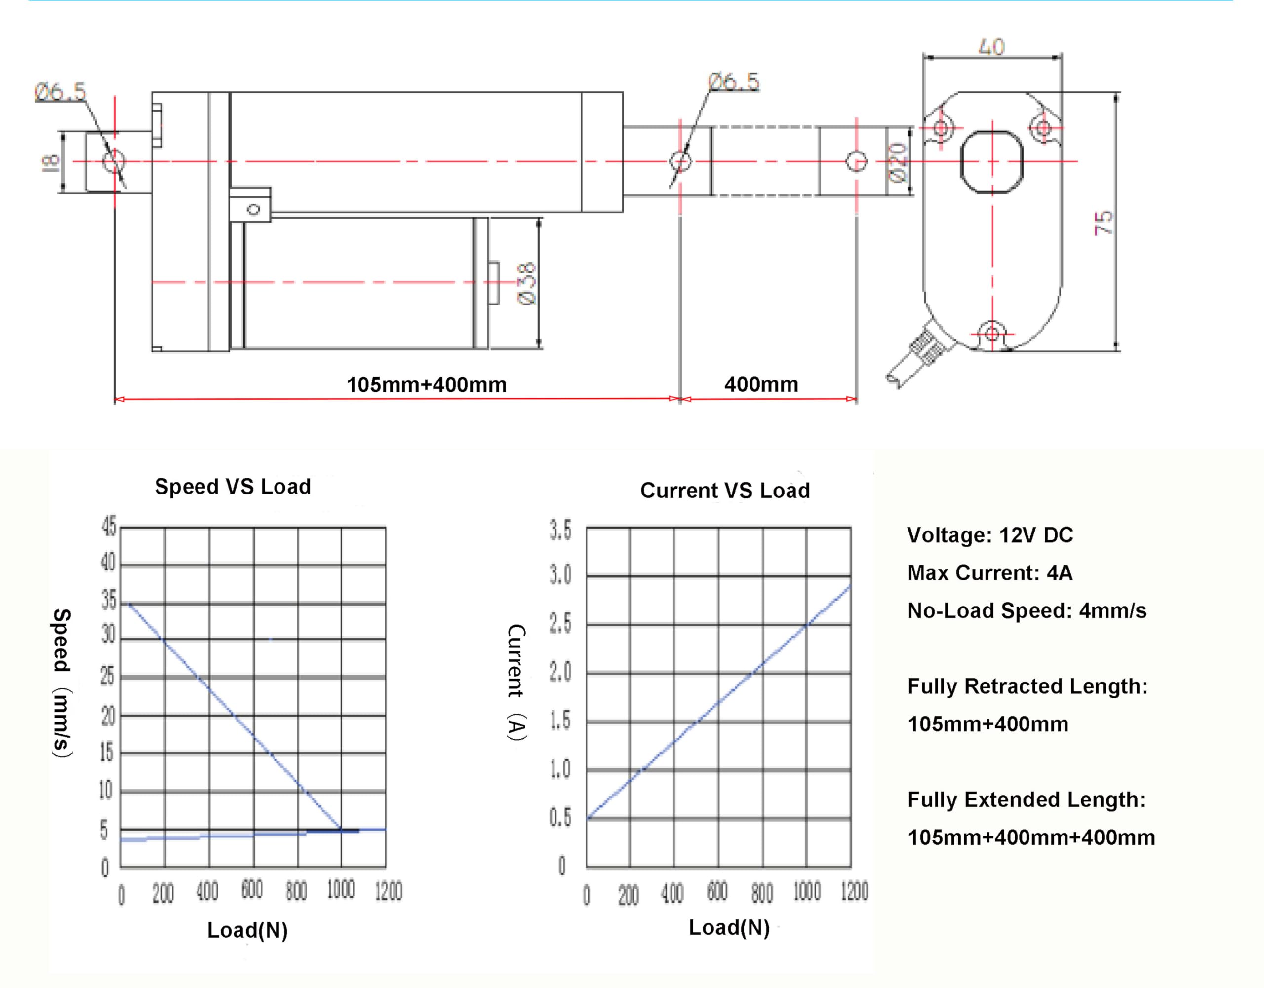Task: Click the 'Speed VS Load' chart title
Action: pyautogui.click(x=233, y=487)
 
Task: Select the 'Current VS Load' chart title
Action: pyautogui.click(x=725, y=491)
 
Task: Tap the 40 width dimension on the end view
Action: pyautogui.click(x=991, y=46)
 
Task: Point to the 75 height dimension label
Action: pyautogui.click(x=1103, y=222)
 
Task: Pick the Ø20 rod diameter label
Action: pyautogui.click(x=897, y=162)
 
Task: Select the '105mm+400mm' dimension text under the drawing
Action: pyautogui.click(x=427, y=384)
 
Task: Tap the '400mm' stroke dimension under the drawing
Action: pyautogui.click(x=761, y=384)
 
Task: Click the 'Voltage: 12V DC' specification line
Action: pyautogui.click(x=989, y=535)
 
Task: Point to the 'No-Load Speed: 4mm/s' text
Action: pyautogui.click(x=1027, y=611)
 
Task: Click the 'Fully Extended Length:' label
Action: pyautogui.click(x=1026, y=799)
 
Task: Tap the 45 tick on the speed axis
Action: pyautogui.click(x=109, y=527)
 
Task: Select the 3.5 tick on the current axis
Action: pyautogui.click(x=560, y=530)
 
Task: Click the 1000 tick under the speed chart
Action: pyautogui.click(x=341, y=889)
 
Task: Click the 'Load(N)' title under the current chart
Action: pyautogui.click(x=729, y=927)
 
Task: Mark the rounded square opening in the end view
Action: pyautogui.click(x=991, y=162)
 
